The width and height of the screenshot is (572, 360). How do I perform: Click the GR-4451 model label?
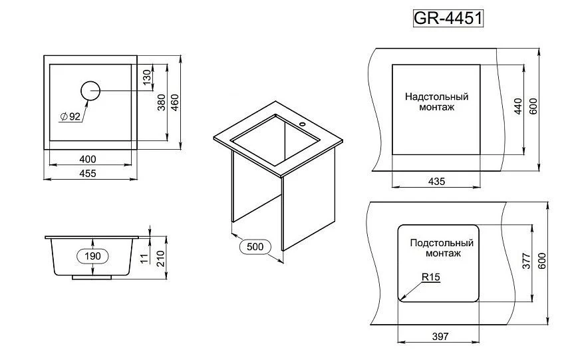pos(448,18)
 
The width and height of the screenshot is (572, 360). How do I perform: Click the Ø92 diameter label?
pos(70,116)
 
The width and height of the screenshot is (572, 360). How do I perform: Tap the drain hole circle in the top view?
pos(90,90)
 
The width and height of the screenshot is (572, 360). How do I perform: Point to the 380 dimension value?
pos(162,100)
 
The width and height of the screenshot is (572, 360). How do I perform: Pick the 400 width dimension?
pos(88,159)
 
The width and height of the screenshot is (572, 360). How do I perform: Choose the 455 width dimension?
pos(88,173)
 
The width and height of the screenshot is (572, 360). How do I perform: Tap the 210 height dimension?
pos(160,256)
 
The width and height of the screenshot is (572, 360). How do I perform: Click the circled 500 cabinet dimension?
pos(255,247)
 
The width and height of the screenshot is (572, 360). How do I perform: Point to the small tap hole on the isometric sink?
pos(302,124)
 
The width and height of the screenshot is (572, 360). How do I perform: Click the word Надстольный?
pos(436,96)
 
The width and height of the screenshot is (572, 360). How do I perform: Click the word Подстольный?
pos(442,243)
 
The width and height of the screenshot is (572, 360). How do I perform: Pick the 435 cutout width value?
pos(436,182)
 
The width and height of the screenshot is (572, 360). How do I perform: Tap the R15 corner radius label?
pos(431,277)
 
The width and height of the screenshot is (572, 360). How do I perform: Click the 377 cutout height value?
pos(525,262)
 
